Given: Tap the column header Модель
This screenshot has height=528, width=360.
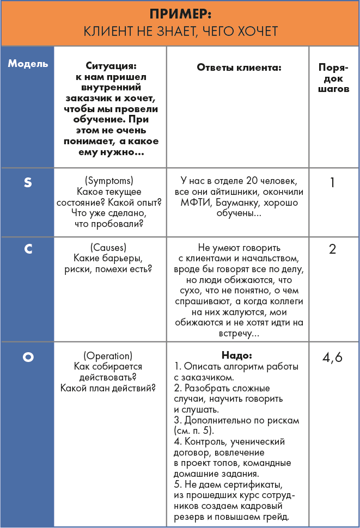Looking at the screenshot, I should click(x=28, y=63).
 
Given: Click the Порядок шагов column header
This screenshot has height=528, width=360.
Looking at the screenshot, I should click(x=333, y=78).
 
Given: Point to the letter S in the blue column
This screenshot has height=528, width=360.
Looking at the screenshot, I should click(x=28, y=182).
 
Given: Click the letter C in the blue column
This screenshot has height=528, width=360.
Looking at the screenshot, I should click(x=28, y=249).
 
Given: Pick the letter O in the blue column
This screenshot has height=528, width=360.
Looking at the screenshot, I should click(x=28, y=357).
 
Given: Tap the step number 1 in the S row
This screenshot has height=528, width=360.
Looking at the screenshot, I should click(x=333, y=182).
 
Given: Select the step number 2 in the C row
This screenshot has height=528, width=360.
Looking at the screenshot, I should click(x=333, y=249).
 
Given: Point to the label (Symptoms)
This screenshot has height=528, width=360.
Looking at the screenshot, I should click(x=109, y=180).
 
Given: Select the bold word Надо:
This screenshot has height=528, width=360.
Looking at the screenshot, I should click(x=237, y=355).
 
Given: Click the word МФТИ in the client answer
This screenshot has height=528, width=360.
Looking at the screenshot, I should click(x=194, y=203).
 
